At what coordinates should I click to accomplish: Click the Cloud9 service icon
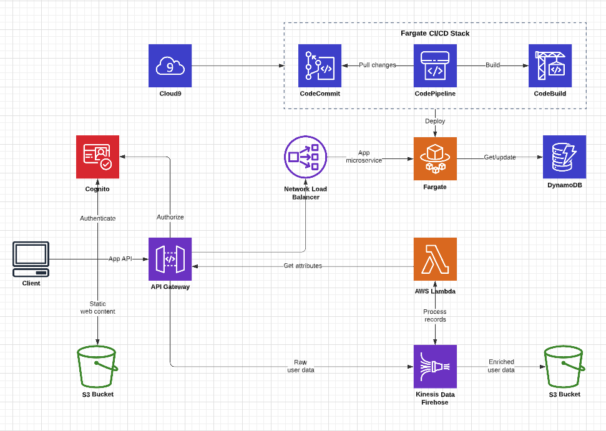pyautogui.click(x=170, y=65)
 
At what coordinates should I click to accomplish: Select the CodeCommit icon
pyautogui.click(x=320, y=65)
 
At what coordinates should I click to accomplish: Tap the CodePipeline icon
pyautogui.click(x=435, y=65)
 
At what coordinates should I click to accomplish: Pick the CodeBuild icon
pyautogui.click(x=550, y=65)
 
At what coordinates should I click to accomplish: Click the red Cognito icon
pyautogui.click(x=97, y=157)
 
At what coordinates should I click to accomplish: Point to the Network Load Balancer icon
pyautogui.click(x=306, y=157)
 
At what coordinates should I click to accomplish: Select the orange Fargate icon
pyautogui.click(x=435, y=158)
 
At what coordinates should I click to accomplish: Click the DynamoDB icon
pyautogui.click(x=564, y=157)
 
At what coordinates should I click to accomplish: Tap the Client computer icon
pyautogui.click(x=31, y=259)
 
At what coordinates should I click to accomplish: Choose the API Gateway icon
pyautogui.click(x=170, y=259)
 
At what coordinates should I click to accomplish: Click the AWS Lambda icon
pyautogui.click(x=435, y=259)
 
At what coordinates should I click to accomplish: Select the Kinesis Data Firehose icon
pyautogui.click(x=435, y=366)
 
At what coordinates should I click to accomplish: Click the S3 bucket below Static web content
pyautogui.click(x=97, y=367)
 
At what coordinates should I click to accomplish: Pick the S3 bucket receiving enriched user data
pyautogui.click(x=564, y=367)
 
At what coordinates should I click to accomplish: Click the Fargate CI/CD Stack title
pyautogui.click(x=435, y=33)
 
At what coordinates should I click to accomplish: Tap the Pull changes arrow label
pyautogui.click(x=377, y=65)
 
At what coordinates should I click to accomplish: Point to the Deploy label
pyautogui.click(x=435, y=121)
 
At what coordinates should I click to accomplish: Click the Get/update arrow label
pyautogui.click(x=500, y=157)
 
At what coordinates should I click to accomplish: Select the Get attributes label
pyautogui.click(x=303, y=266)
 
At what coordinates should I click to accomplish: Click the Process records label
pyautogui.click(x=435, y=315)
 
